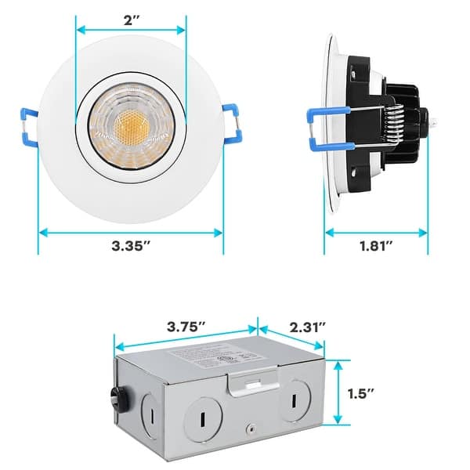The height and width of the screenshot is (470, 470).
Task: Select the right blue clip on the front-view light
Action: point(233,125)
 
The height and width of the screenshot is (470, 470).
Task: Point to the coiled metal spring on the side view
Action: point(395,128)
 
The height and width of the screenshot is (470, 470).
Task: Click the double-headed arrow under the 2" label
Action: point(131,31)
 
